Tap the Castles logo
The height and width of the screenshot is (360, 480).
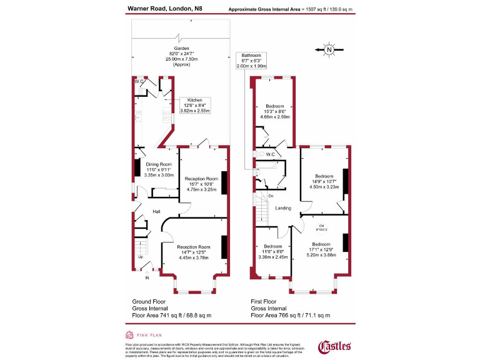point(335,346)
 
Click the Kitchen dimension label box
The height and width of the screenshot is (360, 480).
point(195,105)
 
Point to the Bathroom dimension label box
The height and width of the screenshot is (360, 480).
point(251,59)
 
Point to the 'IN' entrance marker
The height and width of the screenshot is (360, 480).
point(147,277)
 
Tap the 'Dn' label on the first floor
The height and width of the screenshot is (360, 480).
point(271,196)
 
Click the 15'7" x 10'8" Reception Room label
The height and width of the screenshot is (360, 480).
point(201,184)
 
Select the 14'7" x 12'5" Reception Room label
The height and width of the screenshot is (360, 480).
point(193,252)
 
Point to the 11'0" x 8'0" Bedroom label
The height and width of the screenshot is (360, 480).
point(272,251)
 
